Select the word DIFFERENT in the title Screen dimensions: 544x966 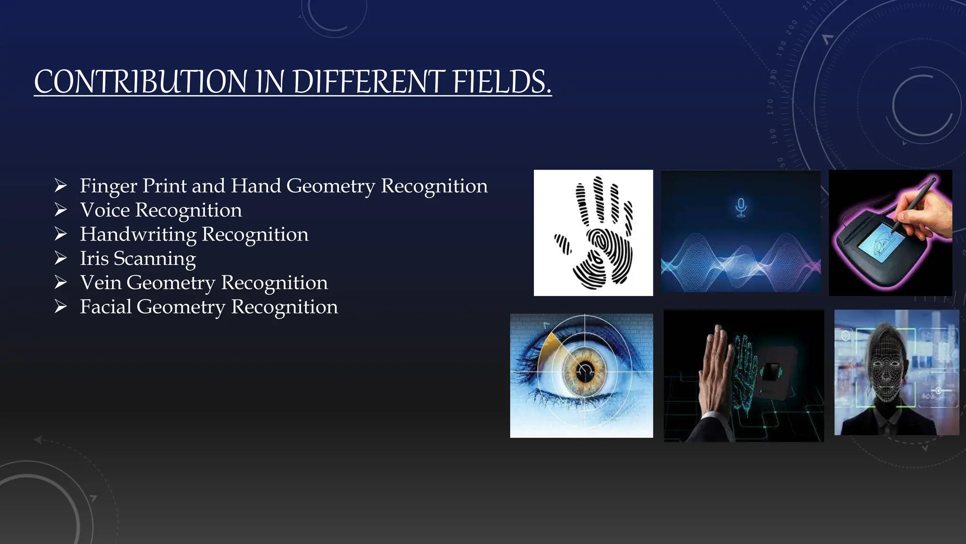click(x=368, y=82)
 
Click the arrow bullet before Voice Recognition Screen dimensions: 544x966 click(x=60, y=210)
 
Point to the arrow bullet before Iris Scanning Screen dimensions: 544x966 click(x=60, y=258)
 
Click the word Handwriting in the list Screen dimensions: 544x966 click(x=138, y=234)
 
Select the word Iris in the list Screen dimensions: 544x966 click(x=94, y=258)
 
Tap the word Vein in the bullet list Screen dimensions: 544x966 click(x=100, y=282)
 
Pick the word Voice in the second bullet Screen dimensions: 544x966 click(x=104, y=210)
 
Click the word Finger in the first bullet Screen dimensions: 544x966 click(x=108, y=186)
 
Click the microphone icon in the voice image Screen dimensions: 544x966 click(x=741, y=207)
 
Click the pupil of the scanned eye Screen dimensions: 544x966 click(x=585, y=371)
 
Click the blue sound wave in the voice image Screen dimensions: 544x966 click(x=741, y=264)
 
